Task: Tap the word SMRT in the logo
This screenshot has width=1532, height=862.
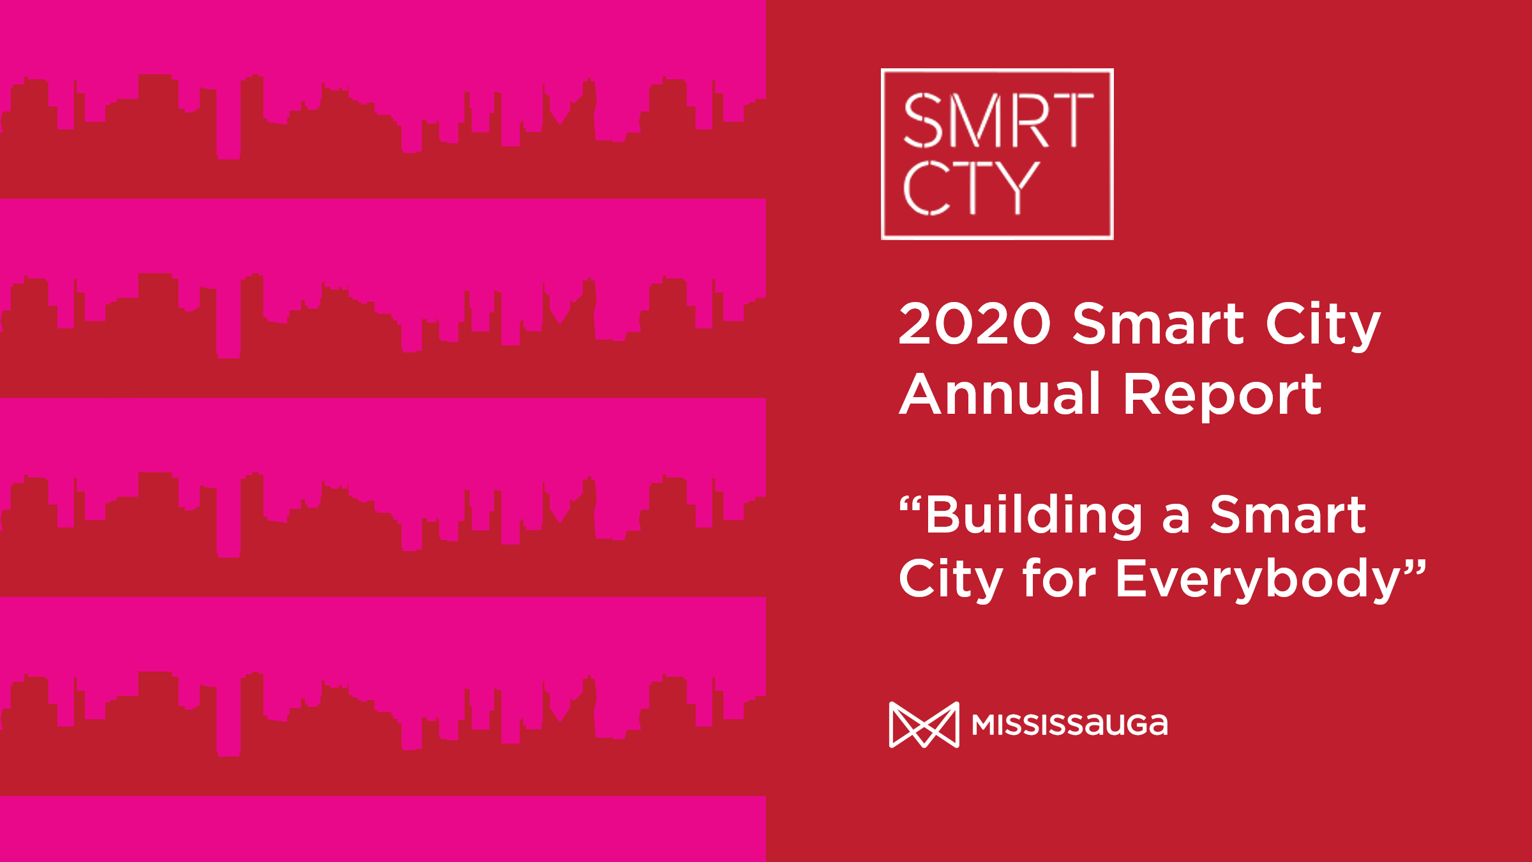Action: click(x=998, y=121)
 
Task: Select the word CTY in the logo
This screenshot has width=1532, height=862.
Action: click(x=971, y=188)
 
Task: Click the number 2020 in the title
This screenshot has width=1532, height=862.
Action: click(x=975, y=324)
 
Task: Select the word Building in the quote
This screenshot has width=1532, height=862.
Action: click(x=1034, y=515)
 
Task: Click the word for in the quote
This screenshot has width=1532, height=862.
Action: click(x=1060, y=578)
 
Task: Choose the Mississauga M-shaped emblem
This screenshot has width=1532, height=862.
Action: click(x=924, y=725)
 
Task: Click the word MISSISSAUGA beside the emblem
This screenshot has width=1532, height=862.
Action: click(x=1070, y=725)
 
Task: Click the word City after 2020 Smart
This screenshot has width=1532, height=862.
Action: click(x=1323, y=326)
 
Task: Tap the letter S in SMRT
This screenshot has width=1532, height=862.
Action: click(x=922, y=121)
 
